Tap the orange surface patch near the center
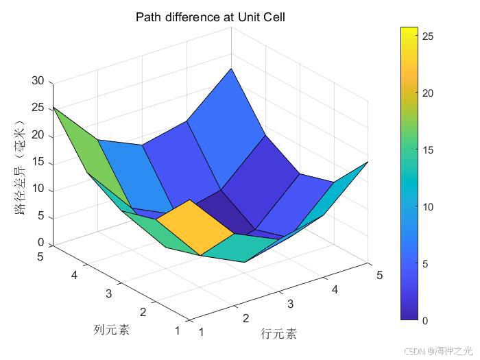(x=195, y=226)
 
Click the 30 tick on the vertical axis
(x=38, y=81)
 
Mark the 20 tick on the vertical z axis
(x=38, y=135)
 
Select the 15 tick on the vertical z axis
(x=38, y=163)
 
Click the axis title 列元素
(x=111, y=330)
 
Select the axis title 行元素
(x=279, y=334)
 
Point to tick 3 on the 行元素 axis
(x=290, y=304)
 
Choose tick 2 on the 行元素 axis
(x=245, y=318)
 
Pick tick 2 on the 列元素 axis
(x=143, y=313)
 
